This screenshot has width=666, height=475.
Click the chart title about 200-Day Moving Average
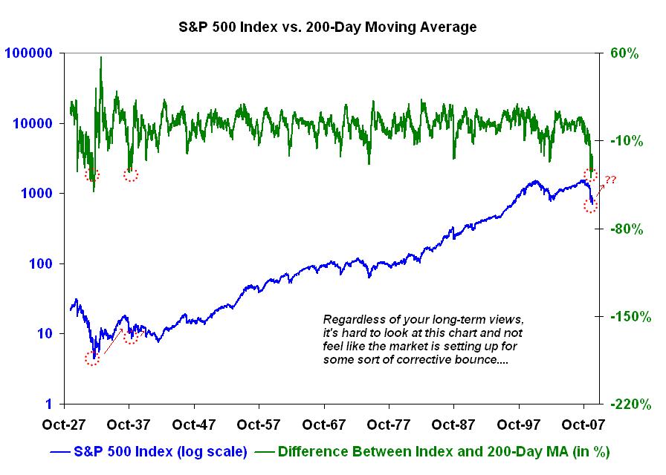pos(327,27)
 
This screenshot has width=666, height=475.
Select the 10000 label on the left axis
pos(32,123)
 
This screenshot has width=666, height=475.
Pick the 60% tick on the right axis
pos(626,53)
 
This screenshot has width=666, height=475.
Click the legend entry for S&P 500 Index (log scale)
pos(149,451)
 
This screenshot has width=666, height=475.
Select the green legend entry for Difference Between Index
pos(431,451)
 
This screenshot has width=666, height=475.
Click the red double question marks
pos(610,180)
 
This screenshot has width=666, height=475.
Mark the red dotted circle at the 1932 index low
pos(92,359)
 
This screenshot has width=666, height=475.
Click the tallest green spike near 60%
pos(101,58)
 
